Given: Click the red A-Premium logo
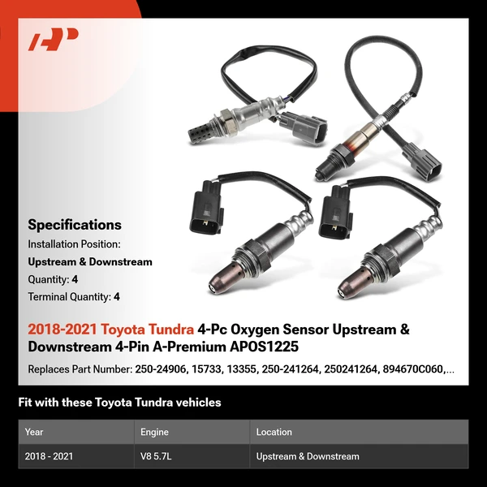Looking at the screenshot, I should (x=54, y=40).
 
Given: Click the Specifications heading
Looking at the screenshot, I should (x=75, y=225).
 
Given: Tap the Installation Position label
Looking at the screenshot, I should (x=74, y=243).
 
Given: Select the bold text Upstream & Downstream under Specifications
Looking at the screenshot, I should (x=90, y=261).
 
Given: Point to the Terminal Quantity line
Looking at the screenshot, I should (x=74, y=297).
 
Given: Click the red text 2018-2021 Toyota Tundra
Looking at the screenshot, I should (x=111, y=330).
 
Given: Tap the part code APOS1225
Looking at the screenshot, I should (x=257, y=347).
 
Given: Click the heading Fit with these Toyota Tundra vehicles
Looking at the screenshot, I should (x=119, y=403).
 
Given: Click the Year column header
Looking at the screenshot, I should (x=34, y=432).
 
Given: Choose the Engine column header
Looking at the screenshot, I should (x=154, y=432).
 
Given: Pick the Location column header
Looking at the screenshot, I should (x=274, y=432).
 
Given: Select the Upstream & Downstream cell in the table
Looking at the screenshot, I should (x=308, y=456).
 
